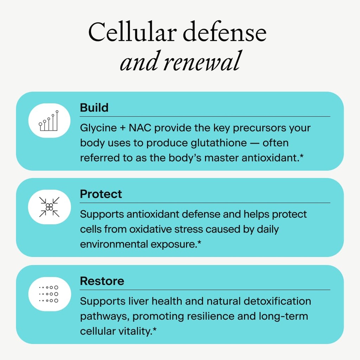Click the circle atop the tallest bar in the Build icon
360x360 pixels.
57,111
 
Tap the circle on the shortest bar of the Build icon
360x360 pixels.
40,124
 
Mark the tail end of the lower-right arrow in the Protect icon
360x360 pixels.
59,217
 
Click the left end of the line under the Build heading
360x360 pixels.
80,117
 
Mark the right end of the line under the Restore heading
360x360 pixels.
330,290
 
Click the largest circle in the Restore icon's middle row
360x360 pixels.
56,294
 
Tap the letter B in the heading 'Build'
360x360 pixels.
83,108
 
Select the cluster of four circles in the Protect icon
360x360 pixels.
49,207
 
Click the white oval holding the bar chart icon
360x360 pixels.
49,121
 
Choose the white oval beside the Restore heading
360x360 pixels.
49,294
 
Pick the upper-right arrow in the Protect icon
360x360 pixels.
56,200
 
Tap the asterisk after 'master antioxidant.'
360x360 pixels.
302,156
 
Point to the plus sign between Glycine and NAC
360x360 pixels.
123,128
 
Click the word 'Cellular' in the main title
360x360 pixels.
133,32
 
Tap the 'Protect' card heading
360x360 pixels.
101,194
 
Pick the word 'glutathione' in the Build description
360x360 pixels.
219,143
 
